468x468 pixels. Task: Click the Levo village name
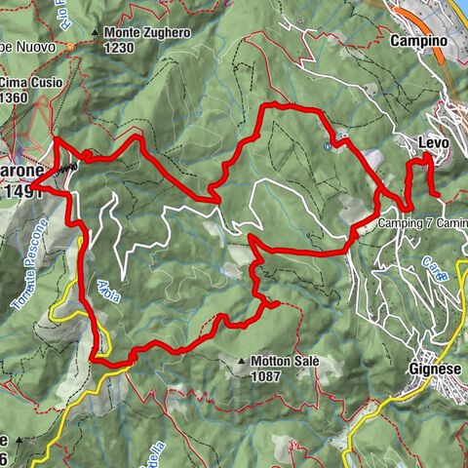(433, 143)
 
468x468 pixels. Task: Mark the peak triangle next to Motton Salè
(242, 361)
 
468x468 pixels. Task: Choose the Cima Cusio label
(28, 82)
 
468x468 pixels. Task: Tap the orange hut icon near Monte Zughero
(71, 46)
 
